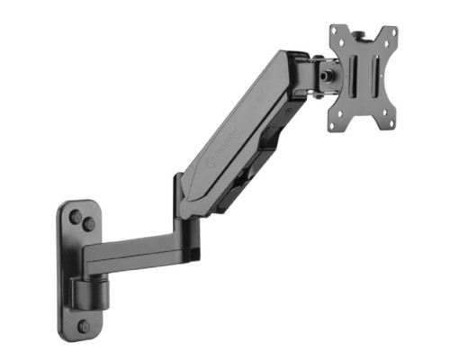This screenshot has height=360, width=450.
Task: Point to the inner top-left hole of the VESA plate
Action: [343, 41]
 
